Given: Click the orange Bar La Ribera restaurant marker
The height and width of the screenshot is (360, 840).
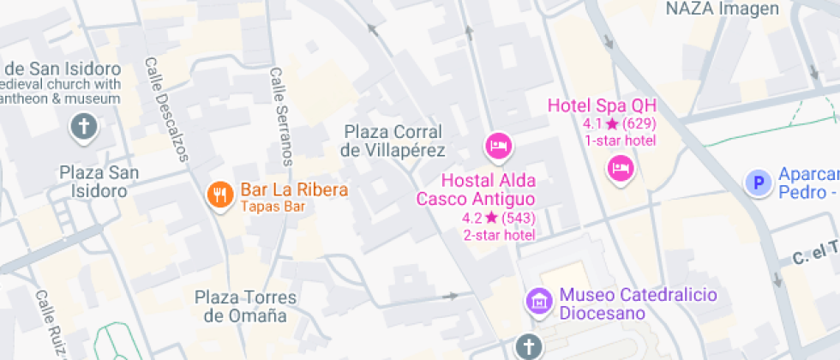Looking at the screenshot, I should click(220, 194).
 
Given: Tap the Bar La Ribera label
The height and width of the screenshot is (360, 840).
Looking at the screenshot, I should click(293, 189).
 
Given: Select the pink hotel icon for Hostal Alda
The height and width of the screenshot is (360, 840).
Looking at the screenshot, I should click(497, 146).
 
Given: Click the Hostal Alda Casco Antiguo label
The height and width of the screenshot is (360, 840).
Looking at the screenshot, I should click(476, 189).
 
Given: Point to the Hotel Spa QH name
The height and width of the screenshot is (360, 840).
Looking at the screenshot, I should click(602, 106).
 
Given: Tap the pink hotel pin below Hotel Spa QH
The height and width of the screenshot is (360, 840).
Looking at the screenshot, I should click(620, 165).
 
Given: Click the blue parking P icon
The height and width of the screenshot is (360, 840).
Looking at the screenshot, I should click(757, 183).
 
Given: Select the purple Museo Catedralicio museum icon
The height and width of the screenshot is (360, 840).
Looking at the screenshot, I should click(539, 301).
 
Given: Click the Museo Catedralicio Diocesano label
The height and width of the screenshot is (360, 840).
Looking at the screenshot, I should click(638, 303).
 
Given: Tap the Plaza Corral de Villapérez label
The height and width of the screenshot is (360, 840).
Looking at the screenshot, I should click(393, 141).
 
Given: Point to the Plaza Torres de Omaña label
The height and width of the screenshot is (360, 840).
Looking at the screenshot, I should click(245, 307).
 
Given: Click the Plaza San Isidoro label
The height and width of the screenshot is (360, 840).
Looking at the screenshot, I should click(99, 182).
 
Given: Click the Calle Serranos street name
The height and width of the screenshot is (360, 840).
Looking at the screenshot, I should click(280, 117).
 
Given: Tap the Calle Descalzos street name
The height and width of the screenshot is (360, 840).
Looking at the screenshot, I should click(165, 110).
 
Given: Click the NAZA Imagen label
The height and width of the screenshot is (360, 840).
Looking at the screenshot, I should click(723, 9).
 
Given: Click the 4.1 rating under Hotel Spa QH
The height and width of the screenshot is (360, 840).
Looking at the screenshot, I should click(619, 123).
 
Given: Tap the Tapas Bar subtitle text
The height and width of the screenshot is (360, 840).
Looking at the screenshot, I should click(273, 207).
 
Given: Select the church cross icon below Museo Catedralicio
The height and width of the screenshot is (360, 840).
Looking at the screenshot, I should click(529, 347).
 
